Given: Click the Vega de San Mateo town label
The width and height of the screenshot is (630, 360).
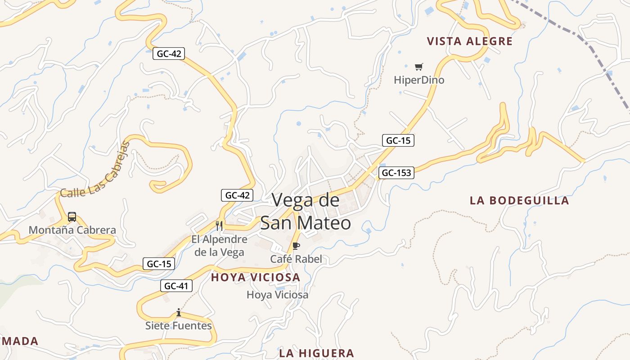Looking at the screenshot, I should (x=306, y=211).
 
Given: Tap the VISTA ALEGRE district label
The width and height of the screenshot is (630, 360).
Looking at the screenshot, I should (x=469, y=41).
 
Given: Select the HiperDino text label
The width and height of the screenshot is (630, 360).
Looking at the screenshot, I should (x=419, y=80).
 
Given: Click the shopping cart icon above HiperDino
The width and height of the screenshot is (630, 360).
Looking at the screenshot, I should (x=419, y=67).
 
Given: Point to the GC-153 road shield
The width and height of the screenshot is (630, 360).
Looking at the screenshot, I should (x=396, y=173).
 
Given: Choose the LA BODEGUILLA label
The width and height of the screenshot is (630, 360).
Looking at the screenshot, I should (x=519, y=201).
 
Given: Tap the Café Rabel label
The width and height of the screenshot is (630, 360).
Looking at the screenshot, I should (x=296, y=259).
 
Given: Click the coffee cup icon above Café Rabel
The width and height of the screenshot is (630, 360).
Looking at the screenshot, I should (x=296, y=246).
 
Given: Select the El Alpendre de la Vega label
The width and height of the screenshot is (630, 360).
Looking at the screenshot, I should (x=219, y=246).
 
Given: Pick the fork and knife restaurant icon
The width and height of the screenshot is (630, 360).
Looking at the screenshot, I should (x=219, y=226).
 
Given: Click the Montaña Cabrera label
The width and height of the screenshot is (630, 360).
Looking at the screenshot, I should (x=72, y=230).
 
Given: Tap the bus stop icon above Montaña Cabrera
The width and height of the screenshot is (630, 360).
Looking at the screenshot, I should (x=72, y=217).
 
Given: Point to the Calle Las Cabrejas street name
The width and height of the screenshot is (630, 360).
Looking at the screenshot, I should (x=95, y=171).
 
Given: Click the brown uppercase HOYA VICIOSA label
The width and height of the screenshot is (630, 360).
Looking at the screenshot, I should (x=256, y=277).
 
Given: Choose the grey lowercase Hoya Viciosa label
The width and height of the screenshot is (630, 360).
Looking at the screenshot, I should (x=278, y=295).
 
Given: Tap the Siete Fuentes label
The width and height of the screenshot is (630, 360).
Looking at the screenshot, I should (x=179, y=325).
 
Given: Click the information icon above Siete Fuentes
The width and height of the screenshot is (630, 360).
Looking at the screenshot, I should (x=179, y=312).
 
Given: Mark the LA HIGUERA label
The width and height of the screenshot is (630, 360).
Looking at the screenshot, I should (x=316, y=353).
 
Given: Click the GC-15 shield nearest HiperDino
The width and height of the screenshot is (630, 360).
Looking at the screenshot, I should (x=398, y=140).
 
